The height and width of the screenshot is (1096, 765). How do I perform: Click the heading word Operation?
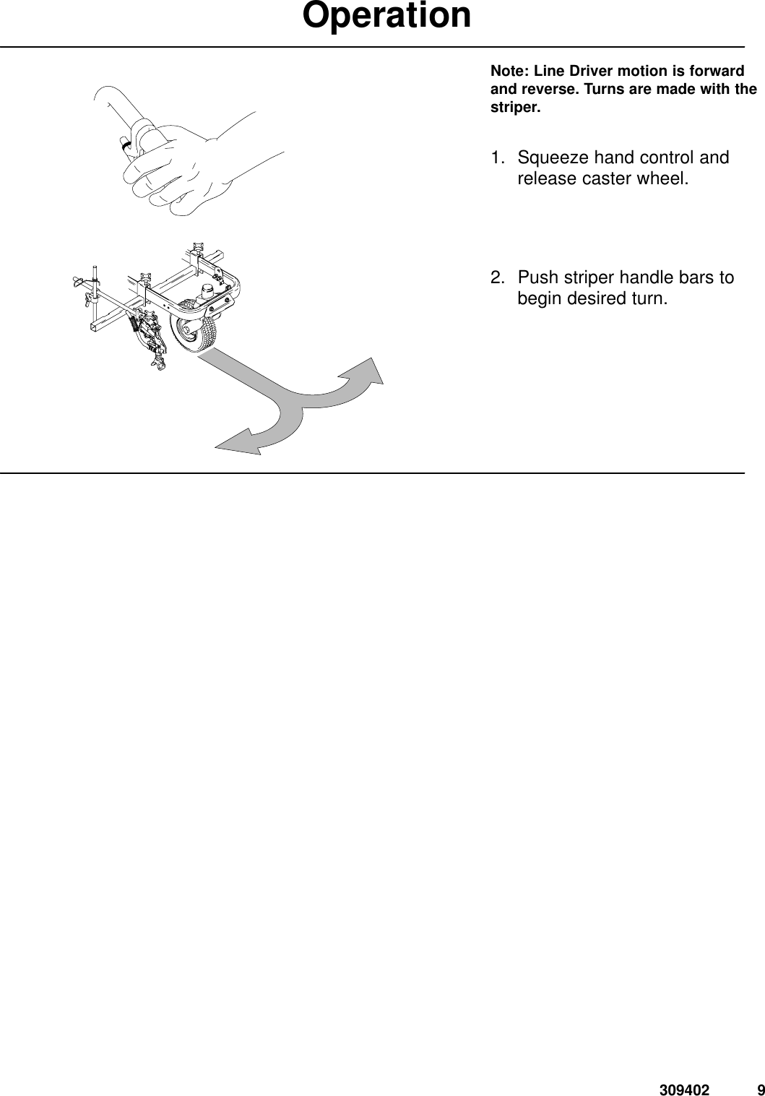tap(387, 16)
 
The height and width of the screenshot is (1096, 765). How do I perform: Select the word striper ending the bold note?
tap(514, 108)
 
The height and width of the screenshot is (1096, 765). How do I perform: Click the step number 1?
tap(496, 158)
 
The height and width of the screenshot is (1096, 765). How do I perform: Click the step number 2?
tap(497, 278)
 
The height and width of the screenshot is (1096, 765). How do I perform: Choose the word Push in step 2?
tap(535, 278)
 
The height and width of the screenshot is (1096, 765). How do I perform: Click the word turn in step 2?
tap(646, 298)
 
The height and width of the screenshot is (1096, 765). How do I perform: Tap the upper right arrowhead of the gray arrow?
tap(366, 375)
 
